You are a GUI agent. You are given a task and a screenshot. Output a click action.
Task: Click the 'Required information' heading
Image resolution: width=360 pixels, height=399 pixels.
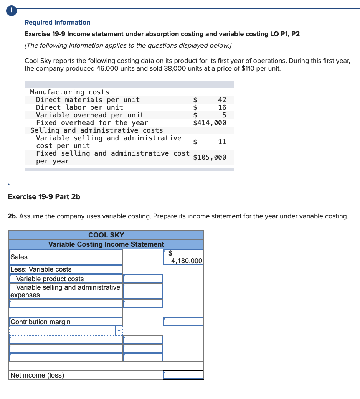pyautogui.click(x=58, y=22)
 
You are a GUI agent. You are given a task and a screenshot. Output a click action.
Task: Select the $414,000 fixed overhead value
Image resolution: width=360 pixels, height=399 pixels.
pyautogui.click(x=210, y=123)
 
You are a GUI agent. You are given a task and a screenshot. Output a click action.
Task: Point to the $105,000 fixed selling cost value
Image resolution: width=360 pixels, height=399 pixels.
pyautogui.click(x=210, y=157)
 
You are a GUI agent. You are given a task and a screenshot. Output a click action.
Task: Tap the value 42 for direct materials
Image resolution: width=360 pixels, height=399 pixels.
pyautogui.click(x=222, y=100)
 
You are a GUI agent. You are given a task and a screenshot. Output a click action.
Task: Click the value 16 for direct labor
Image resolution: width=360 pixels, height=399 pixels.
pyautogui.click(x=222, y=107)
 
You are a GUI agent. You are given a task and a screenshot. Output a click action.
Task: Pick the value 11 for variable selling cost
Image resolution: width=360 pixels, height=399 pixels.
pyautogui.click(x=222, y=142)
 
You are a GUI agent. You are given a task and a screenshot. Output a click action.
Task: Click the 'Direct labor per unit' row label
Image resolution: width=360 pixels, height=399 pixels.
pyautogui.click(x=79, y=107)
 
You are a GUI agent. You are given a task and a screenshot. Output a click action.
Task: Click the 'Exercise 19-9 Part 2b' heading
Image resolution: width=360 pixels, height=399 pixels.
pyautogui.click(x=44, y=196)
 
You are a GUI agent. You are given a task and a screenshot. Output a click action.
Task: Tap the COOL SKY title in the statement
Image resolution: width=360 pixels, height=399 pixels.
pyautogui.click(x=106, y=235)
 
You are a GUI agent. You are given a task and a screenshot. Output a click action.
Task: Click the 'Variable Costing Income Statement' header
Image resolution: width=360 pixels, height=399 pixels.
pyautogui.click(x=106, y=244)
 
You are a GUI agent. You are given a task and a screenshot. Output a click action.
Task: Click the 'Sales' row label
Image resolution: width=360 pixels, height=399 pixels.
pyautogui.click(x=19, y=257)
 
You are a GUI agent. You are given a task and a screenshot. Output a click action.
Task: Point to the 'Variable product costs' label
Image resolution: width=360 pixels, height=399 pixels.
pyautogui.click(x=50, y=279)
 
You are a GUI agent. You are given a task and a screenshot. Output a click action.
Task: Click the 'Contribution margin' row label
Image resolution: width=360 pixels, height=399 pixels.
pyautogui.click(x=40, y=322)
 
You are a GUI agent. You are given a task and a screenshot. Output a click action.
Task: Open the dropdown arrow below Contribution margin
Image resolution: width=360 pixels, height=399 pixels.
pyautogui.click(x=119, y=330)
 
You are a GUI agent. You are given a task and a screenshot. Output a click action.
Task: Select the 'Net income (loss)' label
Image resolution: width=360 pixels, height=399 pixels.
pyautogui.click(x=37, y=375)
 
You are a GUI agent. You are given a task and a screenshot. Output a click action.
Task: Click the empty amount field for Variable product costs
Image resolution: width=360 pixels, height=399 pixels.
pyautogui.click(x=143, y=279)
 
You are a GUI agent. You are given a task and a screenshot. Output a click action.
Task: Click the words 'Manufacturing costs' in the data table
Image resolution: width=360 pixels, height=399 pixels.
pyautogui.click(x=69, y=92)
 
